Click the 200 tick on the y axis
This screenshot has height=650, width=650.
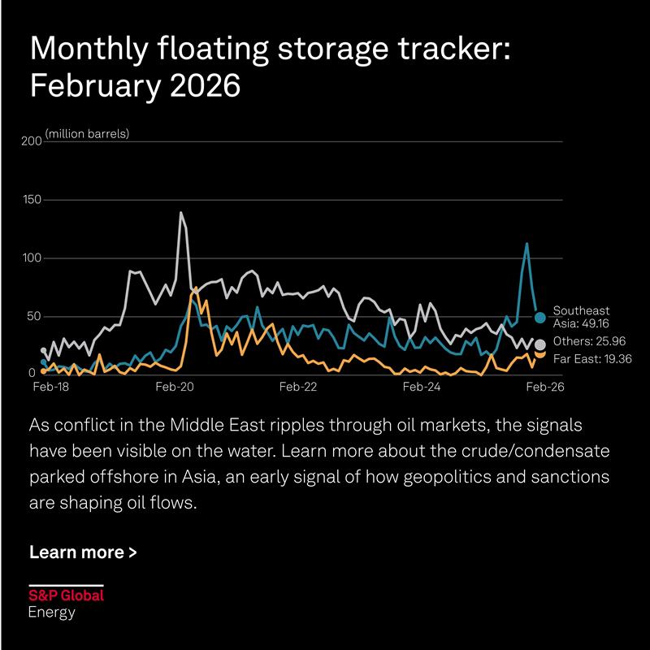[x=30, y=141]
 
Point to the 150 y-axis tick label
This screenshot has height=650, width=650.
[x=30, y=200]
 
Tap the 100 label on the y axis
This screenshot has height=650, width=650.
[x=30, y=258]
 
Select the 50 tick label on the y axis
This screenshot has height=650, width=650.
[x=33, y=316]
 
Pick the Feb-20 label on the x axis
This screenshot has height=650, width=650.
[x=174, y=388]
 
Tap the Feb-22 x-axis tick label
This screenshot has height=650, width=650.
[x=297, y=388]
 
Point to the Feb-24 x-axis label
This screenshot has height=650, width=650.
[x=421, y=388]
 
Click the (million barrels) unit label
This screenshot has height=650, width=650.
[x=87, y=133]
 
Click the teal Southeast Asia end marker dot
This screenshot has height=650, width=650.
[x=540, y=317]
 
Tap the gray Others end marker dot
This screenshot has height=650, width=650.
[x=540, y=344]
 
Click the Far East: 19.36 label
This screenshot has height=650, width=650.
[x=589, y=357]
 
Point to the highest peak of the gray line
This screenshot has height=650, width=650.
[x=180, y=213]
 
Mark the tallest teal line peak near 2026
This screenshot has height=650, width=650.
[x=526, y=243]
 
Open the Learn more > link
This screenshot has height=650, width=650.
[x=83, y=552]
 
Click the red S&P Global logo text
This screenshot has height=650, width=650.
[x=66, y=596]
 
